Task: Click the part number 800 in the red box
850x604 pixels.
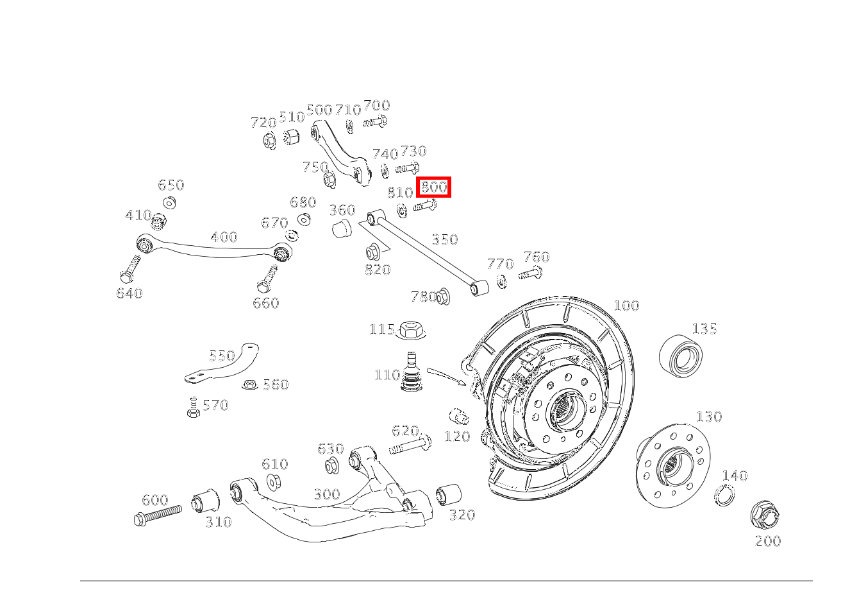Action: coord(434,187)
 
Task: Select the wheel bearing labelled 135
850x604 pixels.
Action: coord(681,355)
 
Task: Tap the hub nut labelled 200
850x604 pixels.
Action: coord(764,515)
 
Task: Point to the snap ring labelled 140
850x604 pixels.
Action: coord(724,495)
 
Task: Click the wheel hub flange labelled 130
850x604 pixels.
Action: coord(673,463)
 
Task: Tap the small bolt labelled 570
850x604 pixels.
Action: coord(193,408)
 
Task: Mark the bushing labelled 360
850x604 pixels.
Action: coord(342,228)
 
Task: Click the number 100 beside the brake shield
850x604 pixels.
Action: coord(626,306)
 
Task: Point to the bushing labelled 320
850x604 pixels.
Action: coord(449,494)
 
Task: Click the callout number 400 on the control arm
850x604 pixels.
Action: coord(224,237)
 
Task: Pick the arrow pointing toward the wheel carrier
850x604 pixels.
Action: coord(447,376)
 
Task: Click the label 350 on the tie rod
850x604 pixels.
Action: coord(444,239)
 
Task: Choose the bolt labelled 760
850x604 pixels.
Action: coord(531,275)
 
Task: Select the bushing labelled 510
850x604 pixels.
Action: coord(292,136)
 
